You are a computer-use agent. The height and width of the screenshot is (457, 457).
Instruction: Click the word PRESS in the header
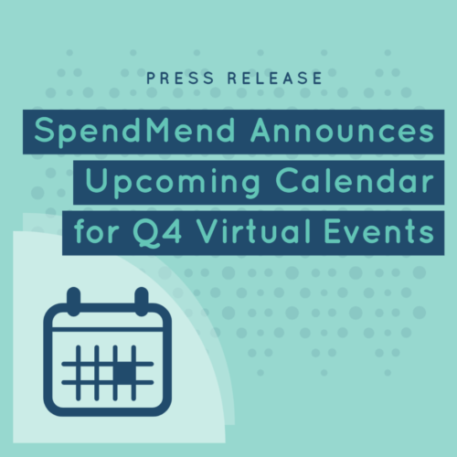pyautogui.click(x=180, y=78)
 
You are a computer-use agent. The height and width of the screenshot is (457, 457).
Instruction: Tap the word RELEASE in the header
pyautogui.click(x=275, y=78)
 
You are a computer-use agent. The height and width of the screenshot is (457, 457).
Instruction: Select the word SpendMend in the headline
pyautogui.click(x=134, y=132)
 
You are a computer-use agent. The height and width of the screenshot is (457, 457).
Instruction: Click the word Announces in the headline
pyautogui.click(x=342, y=131)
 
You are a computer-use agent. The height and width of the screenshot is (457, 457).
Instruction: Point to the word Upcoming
pyautogui.click(x=173, y=183)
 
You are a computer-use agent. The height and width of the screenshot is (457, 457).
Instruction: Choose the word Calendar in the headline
pyautogui.click(x=355, y=180)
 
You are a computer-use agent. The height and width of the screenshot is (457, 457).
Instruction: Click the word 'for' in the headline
pyautogui.click(x=96, y=231)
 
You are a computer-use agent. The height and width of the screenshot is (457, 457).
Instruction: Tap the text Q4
pyautogui.click(x=157, y=232)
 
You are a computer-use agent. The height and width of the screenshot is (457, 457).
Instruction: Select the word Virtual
pyautogui.click(x=254, y=231)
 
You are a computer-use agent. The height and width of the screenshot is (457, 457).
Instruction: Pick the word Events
pyautogui.click(x=379, y=231)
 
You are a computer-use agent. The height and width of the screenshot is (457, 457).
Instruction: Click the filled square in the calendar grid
pyautogui.click(x=124, y=373)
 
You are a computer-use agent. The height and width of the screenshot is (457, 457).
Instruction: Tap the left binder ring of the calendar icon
pyautogui.click(x=74, y=301)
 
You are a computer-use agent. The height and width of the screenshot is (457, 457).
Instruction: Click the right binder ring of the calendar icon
pyautogui.click(x=142, y=301)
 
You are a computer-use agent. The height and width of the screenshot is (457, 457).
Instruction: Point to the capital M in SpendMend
pyautogui.click(x=160, y=130)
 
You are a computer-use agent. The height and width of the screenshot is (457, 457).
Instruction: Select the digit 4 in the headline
pyautogui.click(x=173, y=231)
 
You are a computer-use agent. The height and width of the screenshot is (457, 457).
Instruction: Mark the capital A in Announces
pyautogui.click(x=262, y=130)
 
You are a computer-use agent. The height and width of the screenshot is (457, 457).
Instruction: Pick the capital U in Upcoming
pyautogui.click(x=96, y=181)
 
